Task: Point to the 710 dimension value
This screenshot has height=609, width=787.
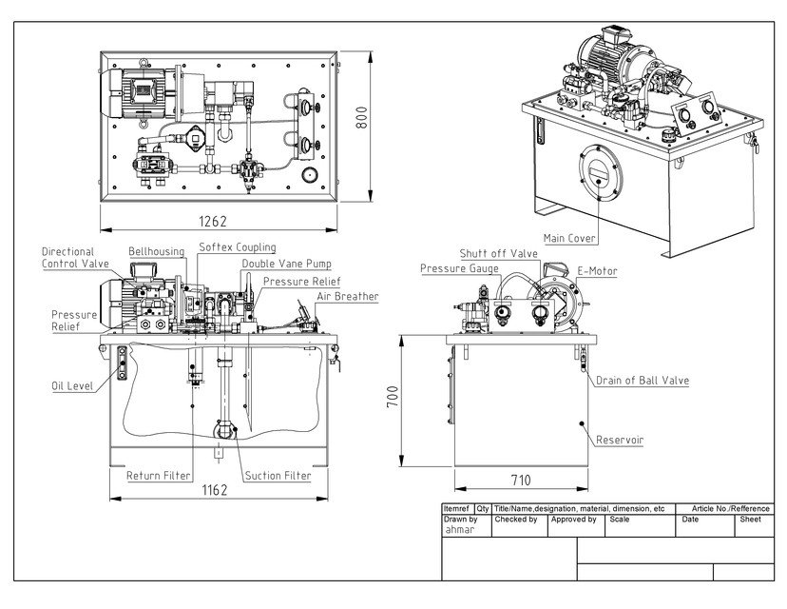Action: (x=520, y=481)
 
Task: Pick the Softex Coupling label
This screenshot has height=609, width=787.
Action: (x=238, y=247)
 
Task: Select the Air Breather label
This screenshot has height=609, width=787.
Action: (x=346, y=297)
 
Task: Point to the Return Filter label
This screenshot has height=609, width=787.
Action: (x=159, y=475)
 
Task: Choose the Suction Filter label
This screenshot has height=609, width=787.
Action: (x=278, y=475)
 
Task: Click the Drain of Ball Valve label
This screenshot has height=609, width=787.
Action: (x=643, y=381)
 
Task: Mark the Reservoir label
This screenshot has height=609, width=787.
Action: (x=620, y=441)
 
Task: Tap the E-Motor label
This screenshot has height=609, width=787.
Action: (x=598, y=271)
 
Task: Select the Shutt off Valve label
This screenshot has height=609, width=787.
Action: (x=499, y=254)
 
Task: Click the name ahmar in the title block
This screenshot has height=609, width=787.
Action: (x=461, y=531)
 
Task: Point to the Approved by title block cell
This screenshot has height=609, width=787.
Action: (x=573, y=520)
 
